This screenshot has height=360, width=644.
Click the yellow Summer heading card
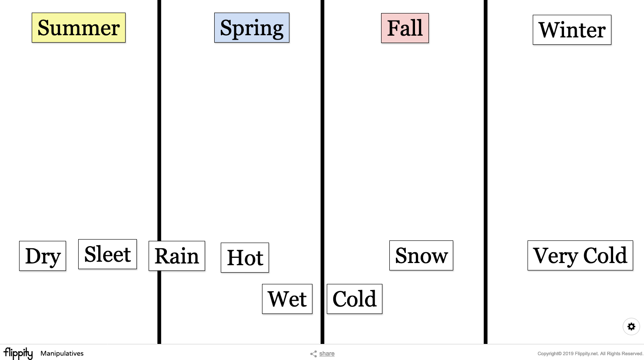coord(79,28)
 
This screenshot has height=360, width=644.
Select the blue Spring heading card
coord(252,28)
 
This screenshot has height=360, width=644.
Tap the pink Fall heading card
coord(405,28)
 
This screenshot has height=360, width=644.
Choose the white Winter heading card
coord(572,30)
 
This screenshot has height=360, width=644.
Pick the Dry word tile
coord(43,256)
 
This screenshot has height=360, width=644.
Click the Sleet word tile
coord(107,254)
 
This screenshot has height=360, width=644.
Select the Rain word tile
coord(177,256)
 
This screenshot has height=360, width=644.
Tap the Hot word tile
coord(245,258)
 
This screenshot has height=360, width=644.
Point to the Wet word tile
coord(287,299)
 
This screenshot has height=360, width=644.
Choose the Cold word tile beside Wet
coord(355,299)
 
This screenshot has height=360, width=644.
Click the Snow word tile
coord(421,256)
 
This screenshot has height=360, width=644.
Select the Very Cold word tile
coord(580,256)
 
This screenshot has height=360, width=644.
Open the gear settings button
coord(631,327)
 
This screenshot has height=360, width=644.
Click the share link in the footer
coord(327,354)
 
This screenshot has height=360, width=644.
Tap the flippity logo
coord(18,353)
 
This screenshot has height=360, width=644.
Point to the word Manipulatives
coord(62,354)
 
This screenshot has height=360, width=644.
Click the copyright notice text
coord(590,354)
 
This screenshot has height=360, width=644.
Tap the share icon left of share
coord(313,354)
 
